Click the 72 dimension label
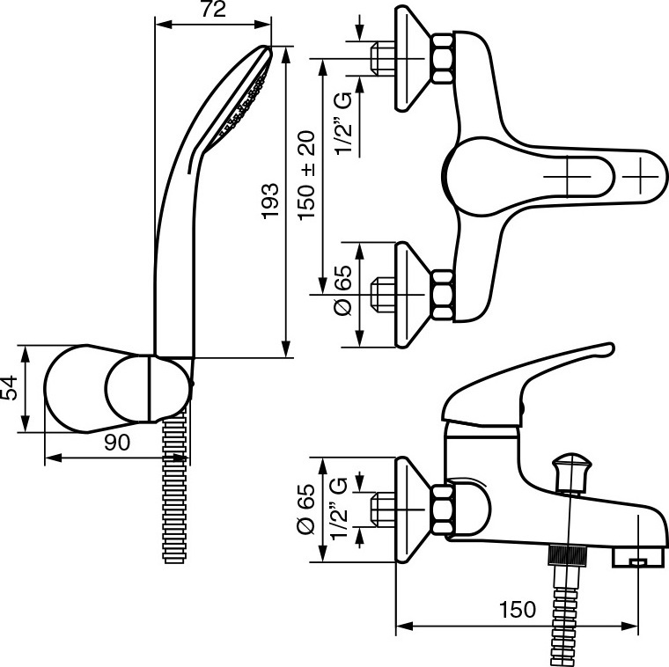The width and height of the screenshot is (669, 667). pyautogui.click(x=213, y=10)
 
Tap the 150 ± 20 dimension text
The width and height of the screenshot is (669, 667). pyautogui.click(x=308, y=176)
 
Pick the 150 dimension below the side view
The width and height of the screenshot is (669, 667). pyautogui.click(x=517, y=609)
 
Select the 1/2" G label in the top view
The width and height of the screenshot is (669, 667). pyautogui.click(x=346, y=123)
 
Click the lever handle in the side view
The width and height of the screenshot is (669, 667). pyautogui.click(x=528, y=378)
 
